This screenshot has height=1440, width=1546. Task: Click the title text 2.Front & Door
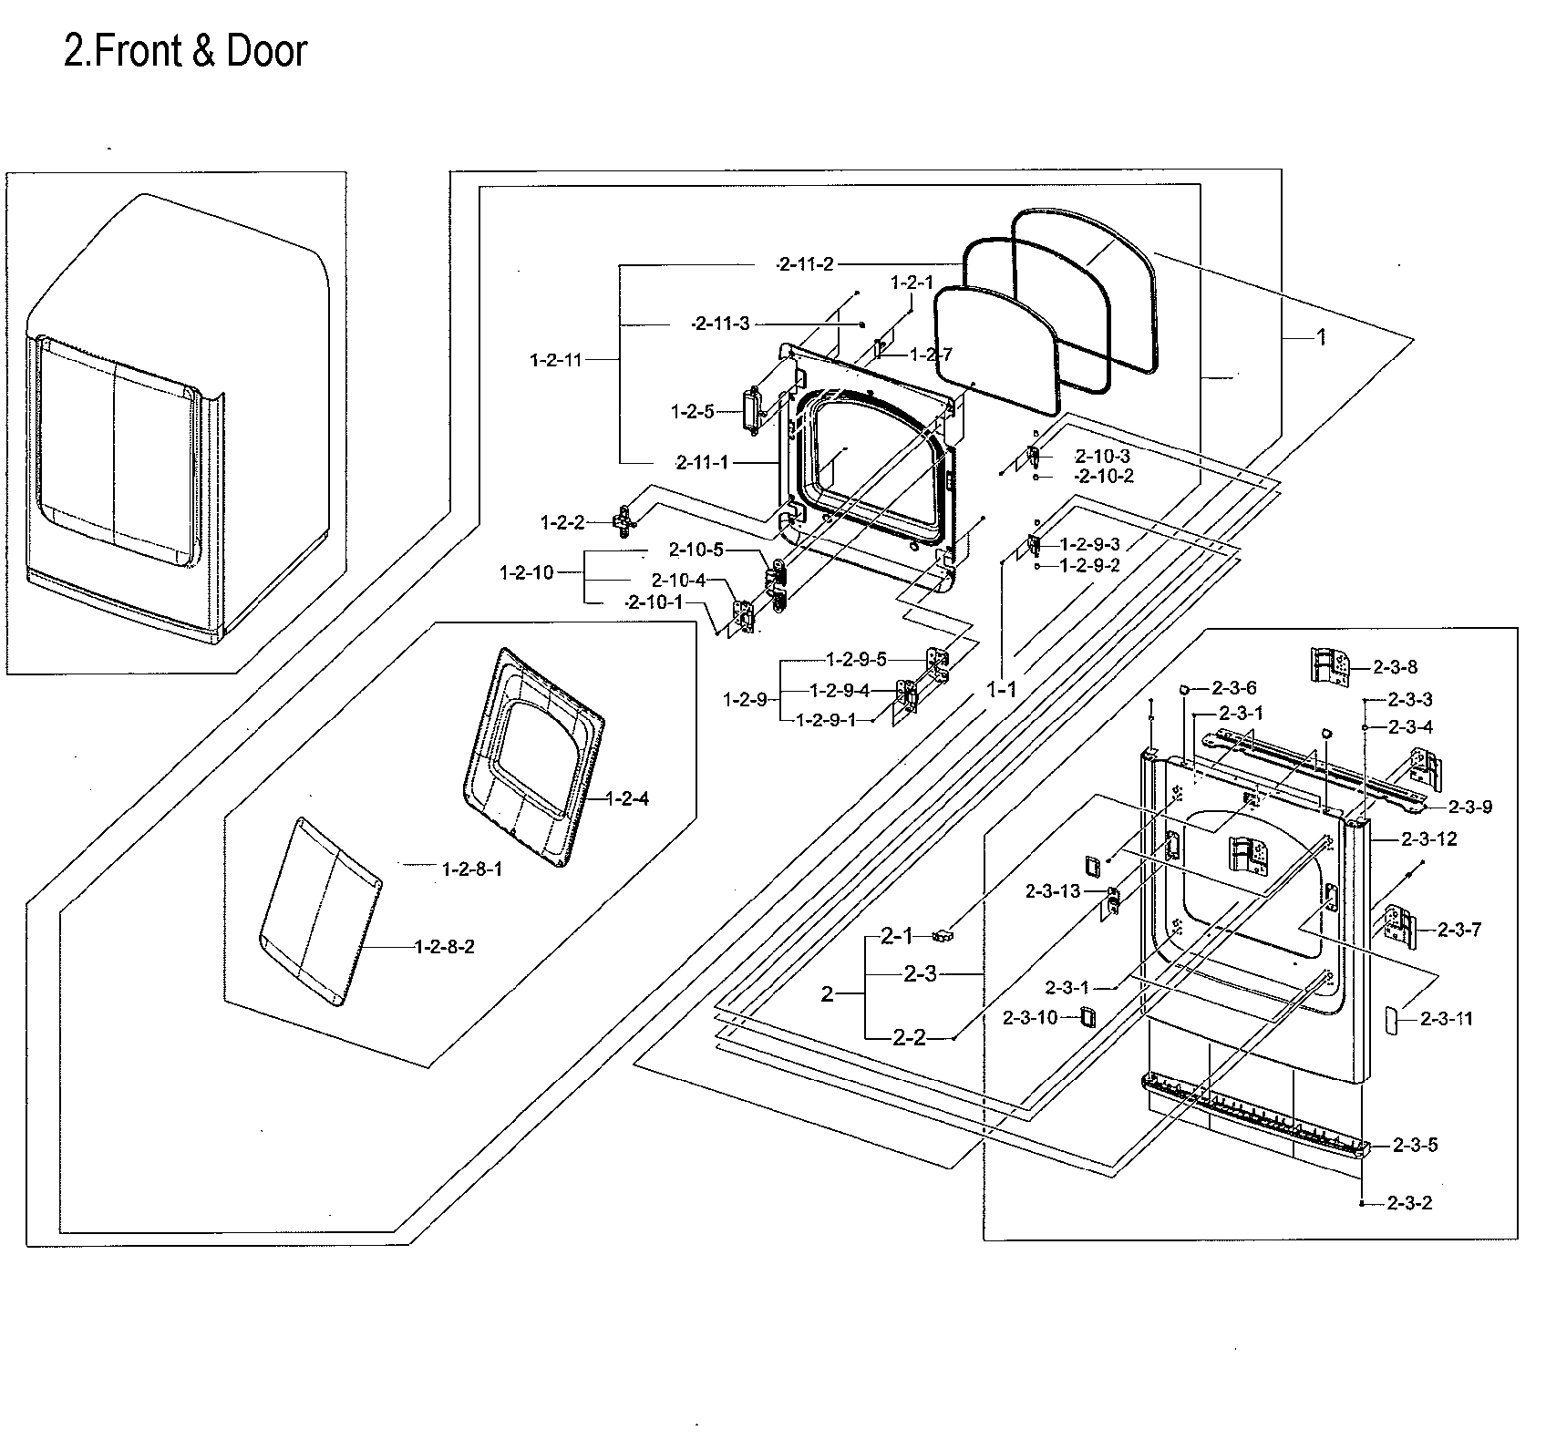click(x=185, y=52)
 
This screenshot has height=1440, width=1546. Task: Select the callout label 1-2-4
click(x=628, y=799)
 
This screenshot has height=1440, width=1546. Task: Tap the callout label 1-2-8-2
click(x=444, y=947)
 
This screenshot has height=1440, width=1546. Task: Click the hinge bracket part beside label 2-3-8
click(x=1329, y=668)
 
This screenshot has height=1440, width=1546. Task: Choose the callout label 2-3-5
click(x=1415, y=1146)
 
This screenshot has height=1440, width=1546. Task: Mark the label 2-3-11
click(x=1448, y=1019)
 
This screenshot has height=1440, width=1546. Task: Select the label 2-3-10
click(x=1030, y=1018)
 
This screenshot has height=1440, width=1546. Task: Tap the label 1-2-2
click(x=562, y=522)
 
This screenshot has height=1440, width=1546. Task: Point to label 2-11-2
click(x=805, y=264)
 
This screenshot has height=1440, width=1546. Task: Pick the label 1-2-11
click(x=555, y=360)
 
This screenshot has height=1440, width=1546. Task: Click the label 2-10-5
click(x=696, y=550)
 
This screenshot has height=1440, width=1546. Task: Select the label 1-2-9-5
click(x=856, y=659)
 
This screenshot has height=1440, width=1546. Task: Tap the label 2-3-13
click(x=1053, y=891)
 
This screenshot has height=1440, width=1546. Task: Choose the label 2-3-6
click(x=1234, y=689)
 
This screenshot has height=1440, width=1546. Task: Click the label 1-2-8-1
click(x=471, y=869)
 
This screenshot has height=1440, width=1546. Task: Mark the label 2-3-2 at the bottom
click(x=1409, y=1203)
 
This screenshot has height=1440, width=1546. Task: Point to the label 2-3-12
click(x=1432, y=838)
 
